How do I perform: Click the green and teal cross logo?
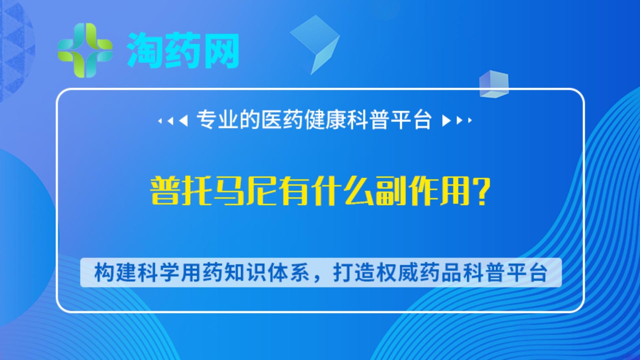(85, 50)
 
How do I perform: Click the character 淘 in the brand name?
(145, 50)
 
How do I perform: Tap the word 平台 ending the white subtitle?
(411, 120)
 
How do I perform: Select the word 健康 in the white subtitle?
(325, 120)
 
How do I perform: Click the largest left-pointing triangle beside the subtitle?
(184, 120)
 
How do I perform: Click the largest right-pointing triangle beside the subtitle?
(446, 120)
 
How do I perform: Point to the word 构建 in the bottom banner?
(115, 272)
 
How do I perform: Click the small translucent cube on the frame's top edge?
(494, 84)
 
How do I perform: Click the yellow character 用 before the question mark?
(455, 191)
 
